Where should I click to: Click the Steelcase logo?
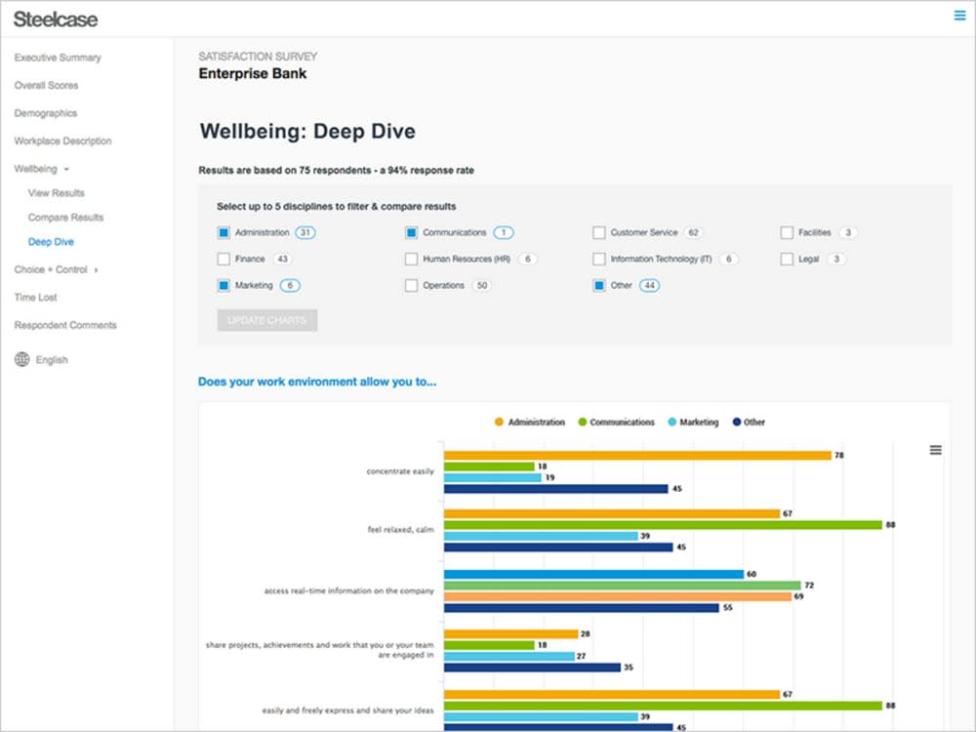click(x=56, y=19)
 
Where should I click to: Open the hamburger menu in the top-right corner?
click(x=959, y=15)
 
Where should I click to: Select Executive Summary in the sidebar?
click(x=58, y=58)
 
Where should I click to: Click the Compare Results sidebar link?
click(x=65, y=218)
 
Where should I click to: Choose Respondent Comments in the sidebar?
click(x=65, y=325)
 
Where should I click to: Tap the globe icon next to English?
click(x=21, y=359)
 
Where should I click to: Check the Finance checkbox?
click(x=224, y=260)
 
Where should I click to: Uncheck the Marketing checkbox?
click(x=224, y=286)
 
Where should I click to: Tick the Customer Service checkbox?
click(x=598, y=233)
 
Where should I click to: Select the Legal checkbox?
click(x=787, y=260)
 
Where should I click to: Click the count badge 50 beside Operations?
click(x=482, y=286)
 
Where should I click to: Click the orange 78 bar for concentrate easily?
click(x=636, y=455)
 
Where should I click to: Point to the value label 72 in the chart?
click(x=809, y=586)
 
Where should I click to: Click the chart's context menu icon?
click(x=935, y=450)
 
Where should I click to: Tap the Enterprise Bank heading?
click(x=252, y=73)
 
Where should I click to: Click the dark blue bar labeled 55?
click(x=581, y=607)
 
